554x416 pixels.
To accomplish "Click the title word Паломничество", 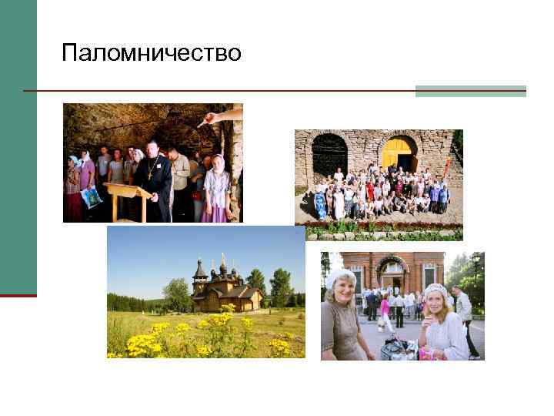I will pos(152,53).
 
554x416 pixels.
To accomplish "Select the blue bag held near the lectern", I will pos(92,198).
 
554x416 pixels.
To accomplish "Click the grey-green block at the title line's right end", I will pos(470,91).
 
